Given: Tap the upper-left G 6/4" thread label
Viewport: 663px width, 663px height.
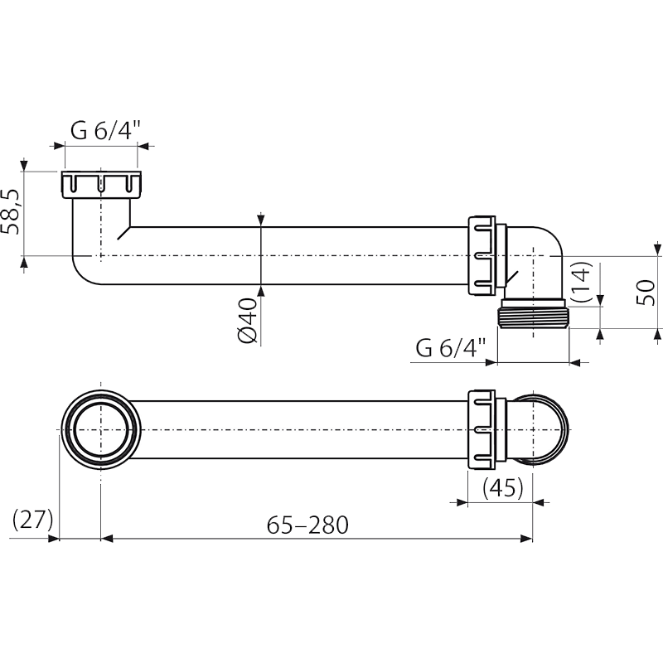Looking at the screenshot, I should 105,130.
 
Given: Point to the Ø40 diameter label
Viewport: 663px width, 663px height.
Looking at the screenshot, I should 247,321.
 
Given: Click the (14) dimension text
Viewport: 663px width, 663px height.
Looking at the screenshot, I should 583,283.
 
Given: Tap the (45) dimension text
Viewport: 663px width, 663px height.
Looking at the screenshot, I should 503,487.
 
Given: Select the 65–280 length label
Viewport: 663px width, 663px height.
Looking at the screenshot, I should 307,524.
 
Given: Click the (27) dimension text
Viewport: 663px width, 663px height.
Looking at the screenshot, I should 33,520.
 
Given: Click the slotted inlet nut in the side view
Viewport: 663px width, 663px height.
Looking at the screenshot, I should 101,184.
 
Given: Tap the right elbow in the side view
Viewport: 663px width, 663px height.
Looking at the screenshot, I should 539,257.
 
